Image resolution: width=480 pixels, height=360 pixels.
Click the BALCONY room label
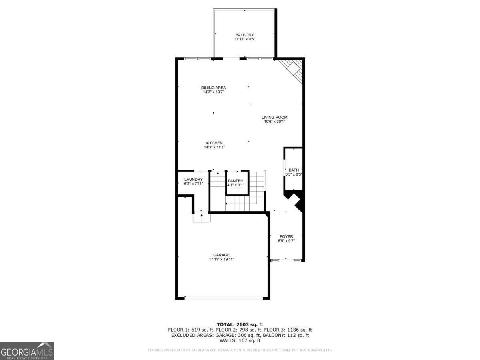(244, 35)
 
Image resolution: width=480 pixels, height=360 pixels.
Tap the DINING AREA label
(213, 88)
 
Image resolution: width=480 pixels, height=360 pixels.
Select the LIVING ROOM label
(274, 117)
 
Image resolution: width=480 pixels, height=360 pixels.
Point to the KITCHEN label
(214, 143)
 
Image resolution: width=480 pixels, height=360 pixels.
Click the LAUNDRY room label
(194, 179)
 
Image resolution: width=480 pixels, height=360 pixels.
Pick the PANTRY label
(236, 181)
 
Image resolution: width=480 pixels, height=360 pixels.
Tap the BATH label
(294, 170)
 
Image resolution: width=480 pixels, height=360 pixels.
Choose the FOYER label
(286, 236)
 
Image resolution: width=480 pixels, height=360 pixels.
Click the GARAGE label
(221, 255)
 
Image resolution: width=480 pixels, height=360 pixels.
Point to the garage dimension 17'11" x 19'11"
(221, 259)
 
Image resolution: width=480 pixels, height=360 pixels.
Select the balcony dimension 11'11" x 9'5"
(244, 39)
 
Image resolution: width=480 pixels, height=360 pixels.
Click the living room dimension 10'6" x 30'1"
(274, 122)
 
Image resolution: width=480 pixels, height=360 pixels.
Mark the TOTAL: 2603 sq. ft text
(240, 324)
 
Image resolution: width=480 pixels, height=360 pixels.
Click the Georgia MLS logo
(27, 351)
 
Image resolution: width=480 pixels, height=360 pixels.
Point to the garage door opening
(224, 298)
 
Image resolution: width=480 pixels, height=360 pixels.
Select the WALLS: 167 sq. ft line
(240, 341)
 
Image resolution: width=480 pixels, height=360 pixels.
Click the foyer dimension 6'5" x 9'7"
(286, 241)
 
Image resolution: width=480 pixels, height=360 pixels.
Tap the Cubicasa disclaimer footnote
(240, 350)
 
